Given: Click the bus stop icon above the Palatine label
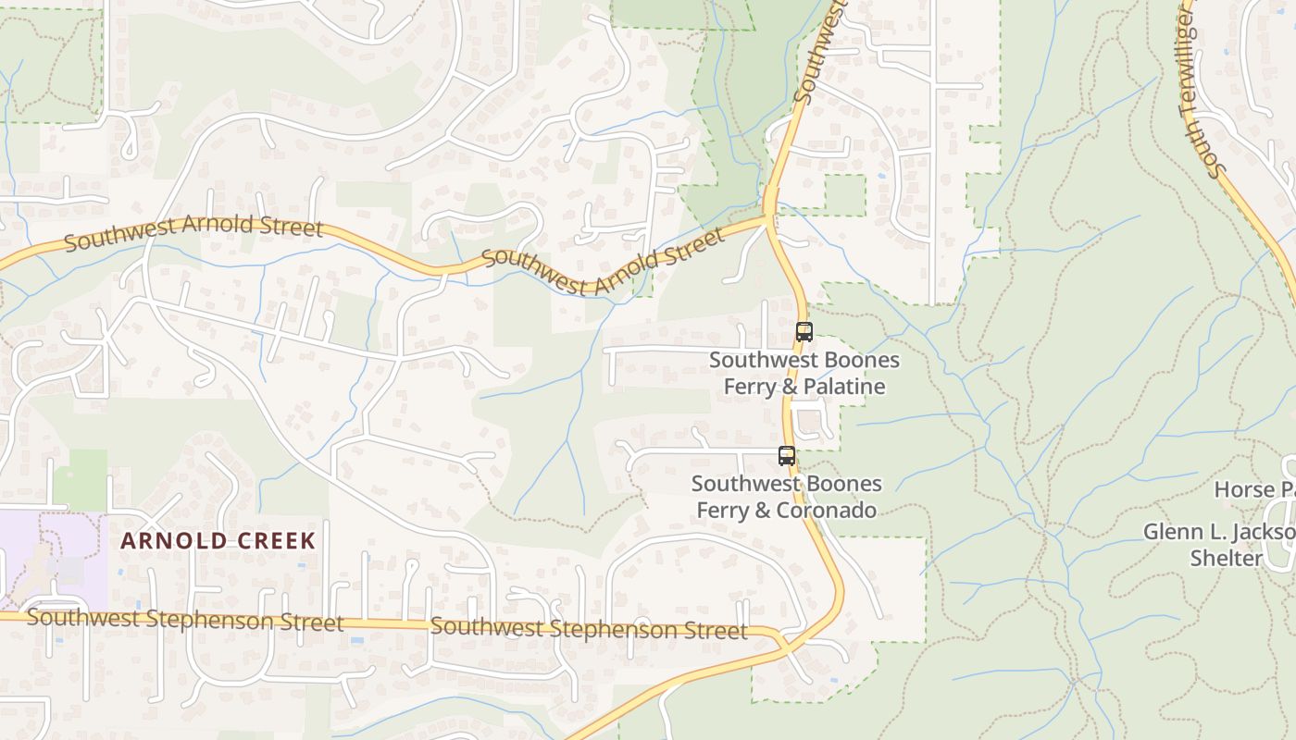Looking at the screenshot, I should coord(804,331).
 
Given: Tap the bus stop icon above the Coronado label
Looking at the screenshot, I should coord(787,455).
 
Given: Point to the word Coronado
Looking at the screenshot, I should coord(829,511).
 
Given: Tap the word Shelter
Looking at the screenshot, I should coord(1226,559).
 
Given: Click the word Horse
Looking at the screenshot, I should coord(1241,489).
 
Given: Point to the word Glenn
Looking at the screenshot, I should coord(1170,533).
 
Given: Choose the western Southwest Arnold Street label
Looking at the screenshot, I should coord(193,233).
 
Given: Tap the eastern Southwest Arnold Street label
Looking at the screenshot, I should coord(604,264).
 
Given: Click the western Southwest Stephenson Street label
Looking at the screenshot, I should coord(185,620).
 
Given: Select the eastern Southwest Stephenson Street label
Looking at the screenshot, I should coord(589,629).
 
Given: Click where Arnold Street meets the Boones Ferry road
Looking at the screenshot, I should coord(768,219).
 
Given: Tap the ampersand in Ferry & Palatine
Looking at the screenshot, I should coord(790,387).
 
